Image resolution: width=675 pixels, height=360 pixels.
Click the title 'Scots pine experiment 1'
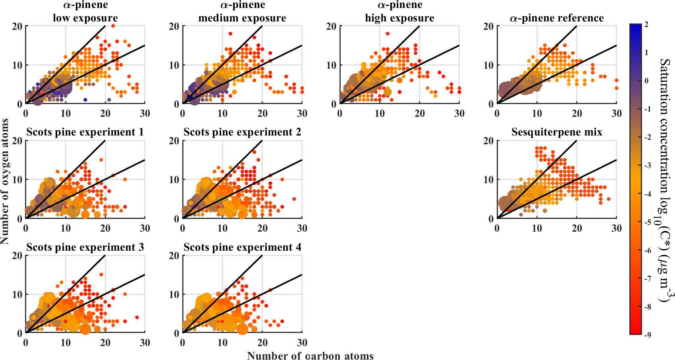click(85, 132)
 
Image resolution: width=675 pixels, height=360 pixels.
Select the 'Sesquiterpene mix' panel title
click(557, 132)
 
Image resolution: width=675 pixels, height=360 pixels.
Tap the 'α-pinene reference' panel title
click(557, 18)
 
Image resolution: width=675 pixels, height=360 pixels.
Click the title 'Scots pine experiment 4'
click(242, 248)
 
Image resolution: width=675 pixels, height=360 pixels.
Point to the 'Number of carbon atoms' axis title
click(310, 356)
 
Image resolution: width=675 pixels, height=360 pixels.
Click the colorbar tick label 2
click(646, 25)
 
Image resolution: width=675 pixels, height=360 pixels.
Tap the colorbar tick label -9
click(647, 335)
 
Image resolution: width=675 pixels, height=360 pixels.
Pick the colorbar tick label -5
click(647, 222)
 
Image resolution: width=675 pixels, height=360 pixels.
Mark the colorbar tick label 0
click(646, 81)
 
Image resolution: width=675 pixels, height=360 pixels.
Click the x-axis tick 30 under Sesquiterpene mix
click(616, 228)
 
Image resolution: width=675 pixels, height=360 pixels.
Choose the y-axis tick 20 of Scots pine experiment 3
click(17, 255)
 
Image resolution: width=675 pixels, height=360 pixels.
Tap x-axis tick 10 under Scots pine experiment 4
click(222, 343)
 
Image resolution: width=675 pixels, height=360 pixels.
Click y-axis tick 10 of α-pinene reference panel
click(489, 65)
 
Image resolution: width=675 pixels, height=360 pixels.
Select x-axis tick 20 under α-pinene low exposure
click(105, 114)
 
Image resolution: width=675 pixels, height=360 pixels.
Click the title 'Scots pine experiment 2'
click(242, 132)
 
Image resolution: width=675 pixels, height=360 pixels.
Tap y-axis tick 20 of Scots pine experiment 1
click(17, 141)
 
